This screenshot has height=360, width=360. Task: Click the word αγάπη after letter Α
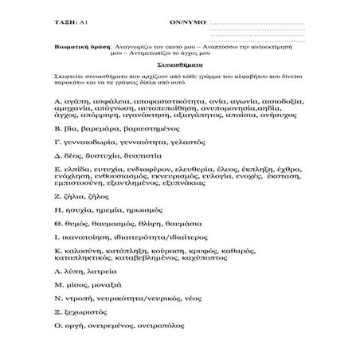[x=80, y=103]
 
